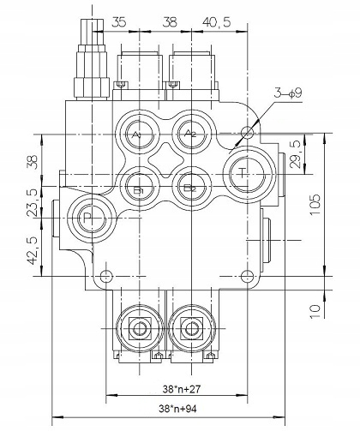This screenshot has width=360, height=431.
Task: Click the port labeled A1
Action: coord(139,135)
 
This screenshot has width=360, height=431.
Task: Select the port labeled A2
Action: coord(191,134)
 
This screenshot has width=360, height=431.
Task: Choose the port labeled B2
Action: coord(191,188)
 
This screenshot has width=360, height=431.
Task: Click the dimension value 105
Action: coord(315,205)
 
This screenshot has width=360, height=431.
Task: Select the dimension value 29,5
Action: coord(295,153)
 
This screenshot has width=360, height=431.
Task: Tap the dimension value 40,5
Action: coord(216,22)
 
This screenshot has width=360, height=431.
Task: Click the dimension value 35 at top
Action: coord(118,22)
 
